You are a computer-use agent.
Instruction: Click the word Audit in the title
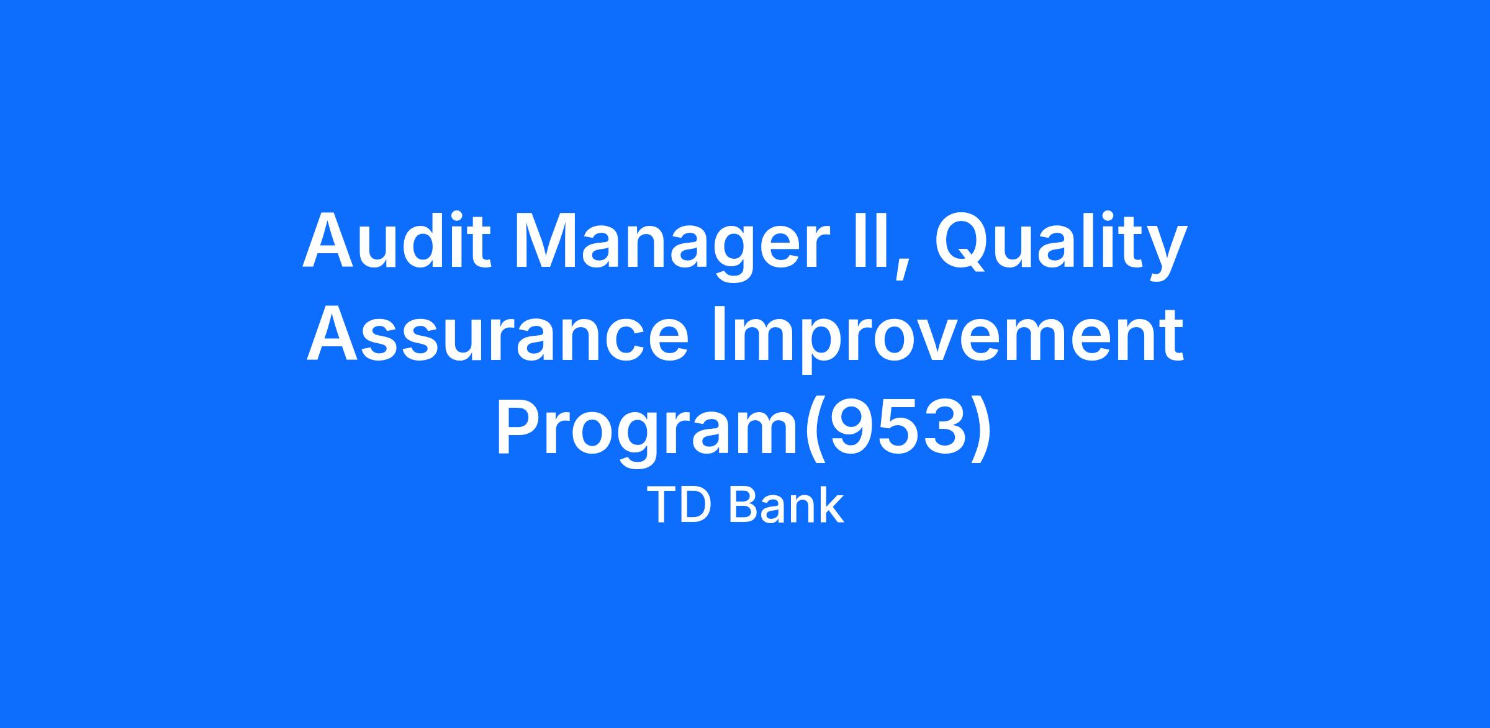coord(397,240)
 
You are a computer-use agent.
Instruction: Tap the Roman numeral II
coord(870,241)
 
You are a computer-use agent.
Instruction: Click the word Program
coord(648,433)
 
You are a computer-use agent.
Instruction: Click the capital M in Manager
coord(547,241)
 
